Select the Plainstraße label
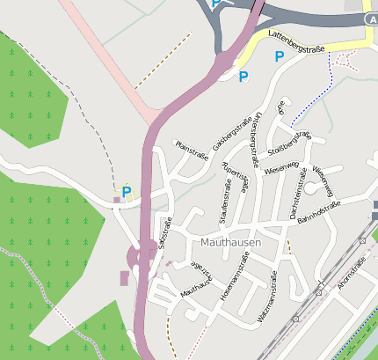[x=192, y=150]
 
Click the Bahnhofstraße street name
[x=318, y=211]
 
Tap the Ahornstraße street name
[x=352, y=273]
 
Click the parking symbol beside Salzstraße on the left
[x=127, y=191]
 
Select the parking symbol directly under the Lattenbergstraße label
[x=280, y=56]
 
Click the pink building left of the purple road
[x=123, y=278]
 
